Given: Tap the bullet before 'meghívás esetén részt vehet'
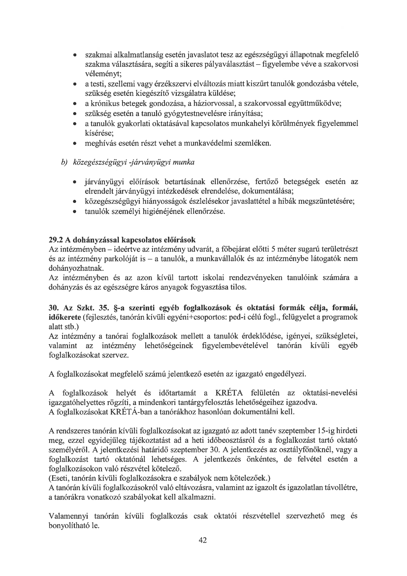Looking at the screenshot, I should [x=75, y=144].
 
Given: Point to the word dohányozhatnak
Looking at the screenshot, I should [x=76, y=268].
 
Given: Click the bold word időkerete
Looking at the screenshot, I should [x=64, y=317].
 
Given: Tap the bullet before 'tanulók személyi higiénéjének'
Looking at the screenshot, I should [x=75, y=212].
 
